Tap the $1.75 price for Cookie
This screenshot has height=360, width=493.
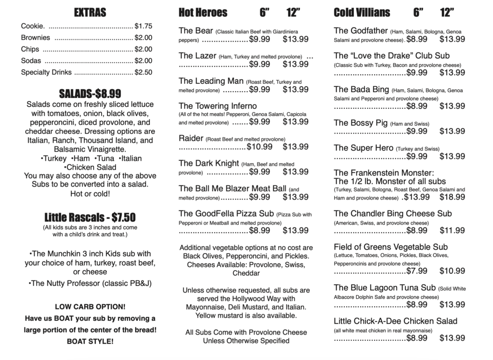(143, 26)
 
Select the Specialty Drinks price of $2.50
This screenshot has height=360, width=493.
(143, 72)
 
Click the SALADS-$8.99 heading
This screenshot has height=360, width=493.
(90, 93)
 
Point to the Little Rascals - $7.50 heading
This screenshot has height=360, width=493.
(90, 216)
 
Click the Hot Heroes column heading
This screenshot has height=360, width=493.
(203, 13)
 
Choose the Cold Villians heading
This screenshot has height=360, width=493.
(362, 13)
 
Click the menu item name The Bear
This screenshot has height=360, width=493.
(196, 30)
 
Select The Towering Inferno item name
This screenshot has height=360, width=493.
(218, 106)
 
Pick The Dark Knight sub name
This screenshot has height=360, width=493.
(208, 163)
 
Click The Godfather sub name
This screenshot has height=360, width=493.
(361, 30)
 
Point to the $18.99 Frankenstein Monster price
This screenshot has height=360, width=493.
(452, 197)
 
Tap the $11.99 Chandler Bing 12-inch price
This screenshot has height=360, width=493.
(452, 230)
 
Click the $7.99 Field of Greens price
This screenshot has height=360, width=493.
(416, 271)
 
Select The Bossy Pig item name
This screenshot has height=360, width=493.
(361, 123)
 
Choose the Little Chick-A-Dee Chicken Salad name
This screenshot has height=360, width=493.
(395, 321)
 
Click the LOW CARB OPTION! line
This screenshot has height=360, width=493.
(90, 307)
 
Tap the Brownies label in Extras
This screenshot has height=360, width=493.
(36, 38)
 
